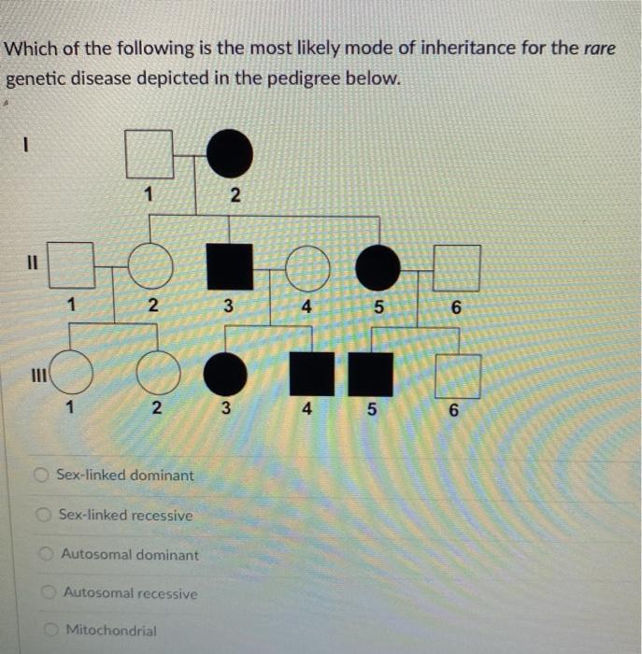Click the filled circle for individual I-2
pyautogui.click(x=229, y=154)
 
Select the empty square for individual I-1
pyautogui.click(x=150, y=154)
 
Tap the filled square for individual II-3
pyautogui.click(x=229, y=267)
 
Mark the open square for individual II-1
pyautogui.click(x=71, y=267)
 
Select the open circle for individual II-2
pyautogui.click(x=151, y=267)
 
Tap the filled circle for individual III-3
pyautogui.click(x=225, y=375)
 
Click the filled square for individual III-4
pyautogui.click(x=311, y=375)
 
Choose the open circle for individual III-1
pyautogui.click(x=73, y=375)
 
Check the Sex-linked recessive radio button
pyautogui.click(x=44, y=515)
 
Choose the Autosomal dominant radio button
pyautogui.click(x=46, y=554)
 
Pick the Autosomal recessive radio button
pyautogui.click(x=50, y=592)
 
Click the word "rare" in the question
pyautogui.click(x=599, y=48)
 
